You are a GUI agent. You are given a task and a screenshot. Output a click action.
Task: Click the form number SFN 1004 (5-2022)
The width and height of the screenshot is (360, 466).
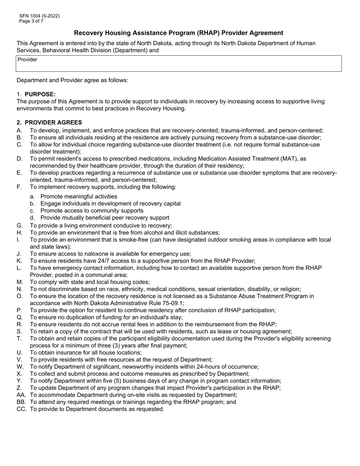(39, 16)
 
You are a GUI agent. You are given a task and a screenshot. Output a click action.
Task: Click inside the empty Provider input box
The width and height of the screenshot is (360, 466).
(178, 66)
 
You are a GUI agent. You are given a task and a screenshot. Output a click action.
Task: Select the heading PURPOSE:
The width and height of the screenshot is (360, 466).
(40, 94)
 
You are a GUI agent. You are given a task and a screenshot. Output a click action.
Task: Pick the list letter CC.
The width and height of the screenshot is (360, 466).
(21, 409)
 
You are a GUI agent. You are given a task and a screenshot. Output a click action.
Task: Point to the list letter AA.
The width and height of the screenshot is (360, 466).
(21, 395)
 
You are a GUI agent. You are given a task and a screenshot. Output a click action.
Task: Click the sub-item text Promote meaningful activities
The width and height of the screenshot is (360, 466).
(79, 197)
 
